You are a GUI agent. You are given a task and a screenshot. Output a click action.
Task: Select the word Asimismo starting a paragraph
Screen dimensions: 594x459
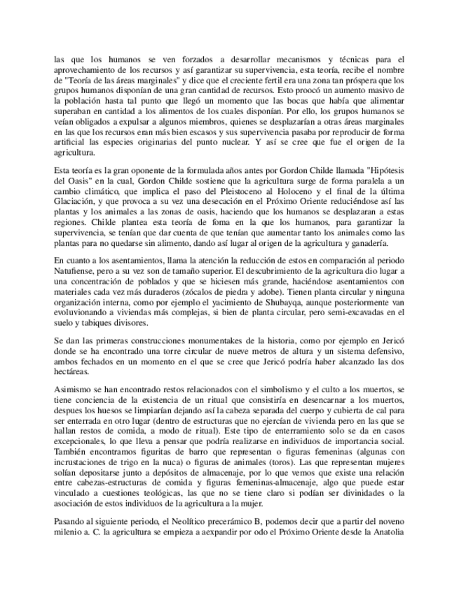74,388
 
